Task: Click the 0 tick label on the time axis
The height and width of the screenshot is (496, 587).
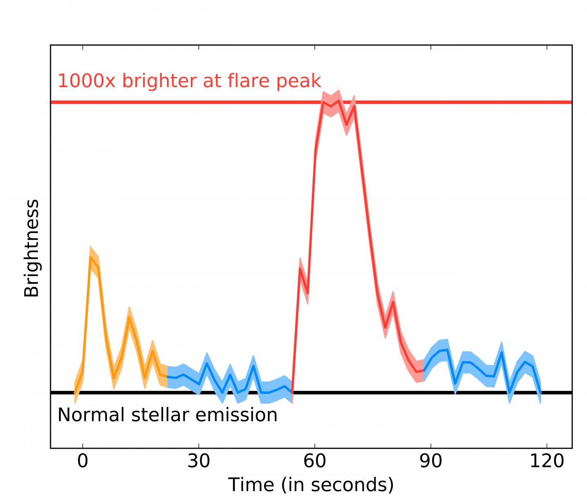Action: point(83,461)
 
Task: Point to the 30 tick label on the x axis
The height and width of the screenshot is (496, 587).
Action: point(199,461)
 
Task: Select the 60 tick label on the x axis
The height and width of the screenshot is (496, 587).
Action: point(315,461)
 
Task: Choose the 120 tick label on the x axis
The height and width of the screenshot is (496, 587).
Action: point(546,461)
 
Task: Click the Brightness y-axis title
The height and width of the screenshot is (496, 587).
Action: point(32,248)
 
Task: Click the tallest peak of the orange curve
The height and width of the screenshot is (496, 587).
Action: point(90,257)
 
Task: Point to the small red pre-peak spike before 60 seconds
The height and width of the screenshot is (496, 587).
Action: point(300,268)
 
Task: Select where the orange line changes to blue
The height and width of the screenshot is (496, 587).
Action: point(167,377)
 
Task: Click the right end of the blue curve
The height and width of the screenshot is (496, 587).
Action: point(541,393)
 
